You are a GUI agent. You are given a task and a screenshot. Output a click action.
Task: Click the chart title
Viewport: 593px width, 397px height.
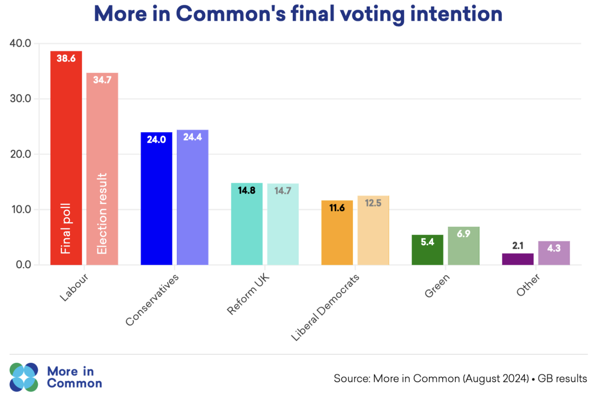298,14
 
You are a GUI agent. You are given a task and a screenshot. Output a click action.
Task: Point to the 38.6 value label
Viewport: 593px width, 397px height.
66,58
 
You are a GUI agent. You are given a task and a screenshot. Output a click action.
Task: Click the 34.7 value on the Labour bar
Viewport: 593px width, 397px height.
102,80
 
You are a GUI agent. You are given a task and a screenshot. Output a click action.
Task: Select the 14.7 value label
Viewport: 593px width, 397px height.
283,191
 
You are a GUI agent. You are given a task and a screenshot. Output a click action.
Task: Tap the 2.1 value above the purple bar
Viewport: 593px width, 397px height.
518,246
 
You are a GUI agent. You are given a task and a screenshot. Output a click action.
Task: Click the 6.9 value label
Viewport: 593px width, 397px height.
463,234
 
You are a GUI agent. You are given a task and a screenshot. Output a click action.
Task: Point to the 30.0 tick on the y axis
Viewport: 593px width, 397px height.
20,99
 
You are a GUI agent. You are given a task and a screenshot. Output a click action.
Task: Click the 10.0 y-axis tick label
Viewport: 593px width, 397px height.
21,209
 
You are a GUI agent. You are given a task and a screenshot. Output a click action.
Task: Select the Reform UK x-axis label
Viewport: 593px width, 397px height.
248,294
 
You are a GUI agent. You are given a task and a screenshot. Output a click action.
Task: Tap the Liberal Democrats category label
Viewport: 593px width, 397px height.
325,307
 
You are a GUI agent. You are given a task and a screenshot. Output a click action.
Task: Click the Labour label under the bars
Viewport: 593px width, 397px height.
74,288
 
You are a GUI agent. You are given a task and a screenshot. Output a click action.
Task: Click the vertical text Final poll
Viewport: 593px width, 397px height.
66,228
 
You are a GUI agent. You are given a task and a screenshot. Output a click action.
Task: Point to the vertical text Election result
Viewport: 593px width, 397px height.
102,213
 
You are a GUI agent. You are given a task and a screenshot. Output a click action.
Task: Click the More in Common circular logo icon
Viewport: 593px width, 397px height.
23,377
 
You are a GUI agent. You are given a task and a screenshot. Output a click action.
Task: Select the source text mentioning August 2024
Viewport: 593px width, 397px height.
460,378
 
